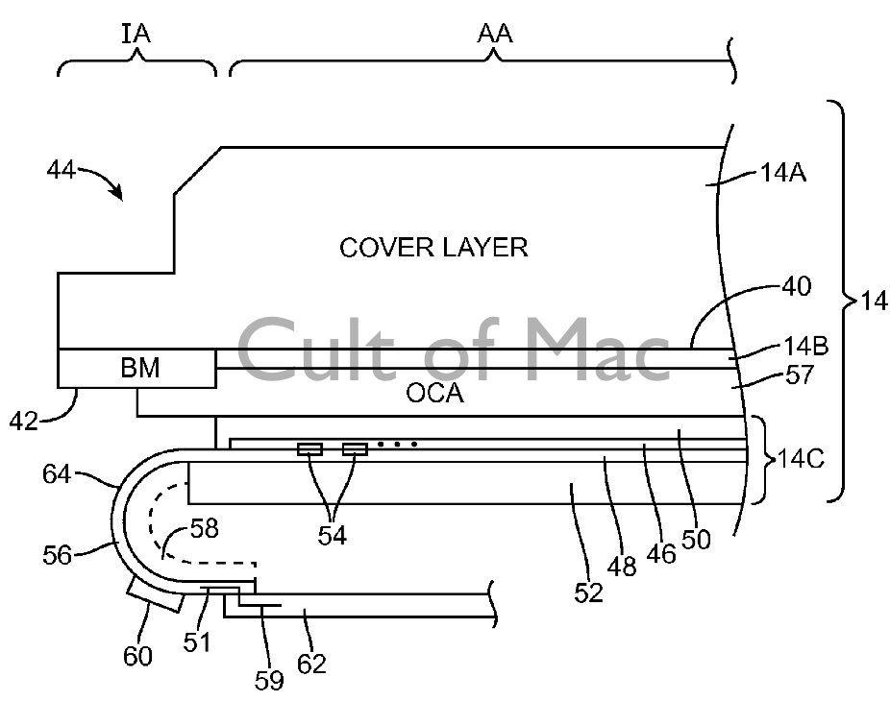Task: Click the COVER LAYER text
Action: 433,248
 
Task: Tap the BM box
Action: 138,367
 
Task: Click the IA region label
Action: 136,35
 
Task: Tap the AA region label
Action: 495,35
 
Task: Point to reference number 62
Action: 312,662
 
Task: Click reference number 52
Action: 589,593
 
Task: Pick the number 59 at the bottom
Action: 269,680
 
